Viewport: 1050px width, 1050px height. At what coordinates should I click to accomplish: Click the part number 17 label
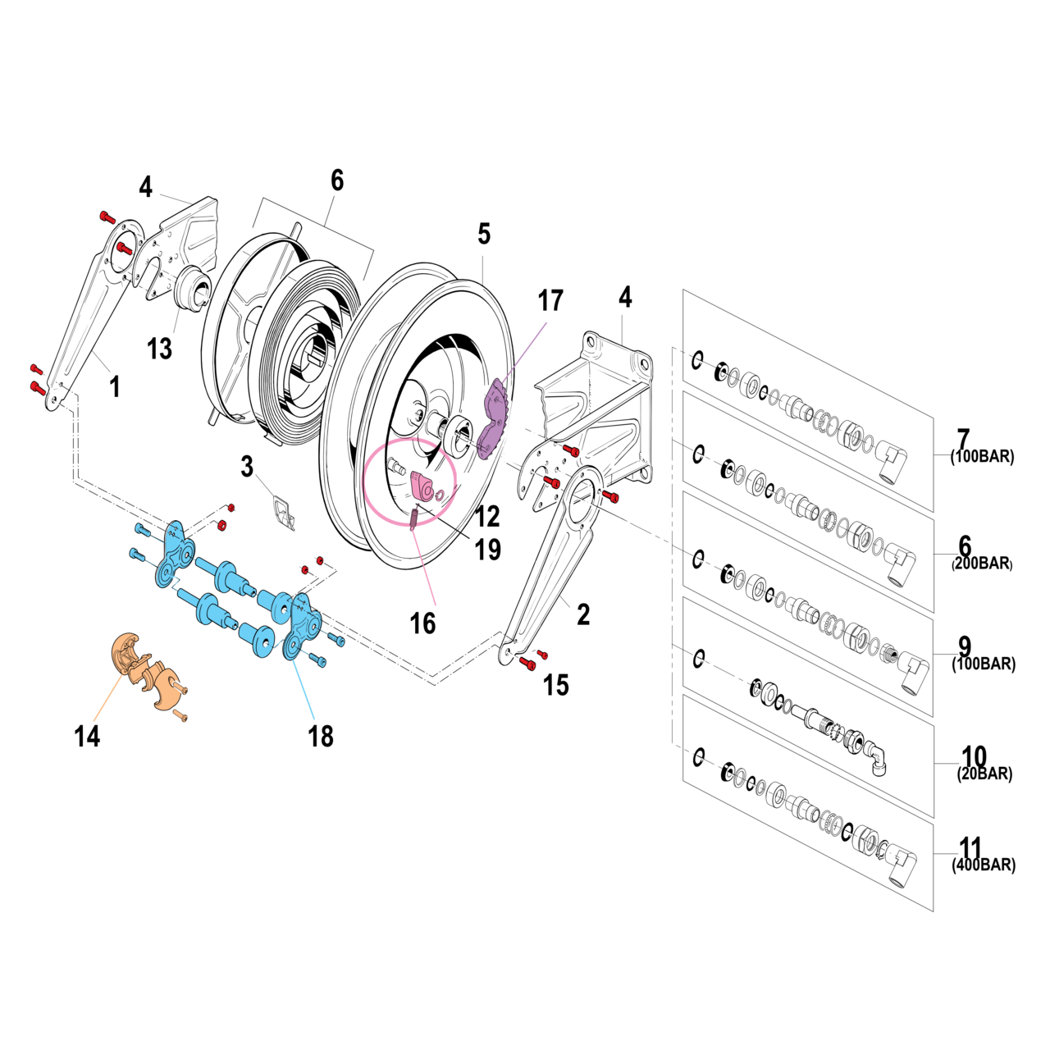(550, 301)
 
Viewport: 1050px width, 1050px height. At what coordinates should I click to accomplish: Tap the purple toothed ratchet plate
(495, 417)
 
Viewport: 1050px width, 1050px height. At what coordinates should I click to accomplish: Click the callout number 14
(87, 736)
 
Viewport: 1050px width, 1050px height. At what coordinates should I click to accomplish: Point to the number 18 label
(321, 736)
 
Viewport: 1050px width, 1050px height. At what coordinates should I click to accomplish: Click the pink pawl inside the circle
(425, 486)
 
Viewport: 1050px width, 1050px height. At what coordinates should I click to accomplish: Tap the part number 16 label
(422, 623)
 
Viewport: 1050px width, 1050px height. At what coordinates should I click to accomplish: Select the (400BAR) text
(984, 865)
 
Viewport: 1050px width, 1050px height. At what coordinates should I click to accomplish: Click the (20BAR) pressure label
(984, 774)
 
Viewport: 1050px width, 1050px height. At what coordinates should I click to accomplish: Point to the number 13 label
(159, 349)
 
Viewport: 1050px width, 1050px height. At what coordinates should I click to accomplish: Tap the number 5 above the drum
(484, 234)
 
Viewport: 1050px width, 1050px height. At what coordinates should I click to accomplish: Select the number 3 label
(247, 467)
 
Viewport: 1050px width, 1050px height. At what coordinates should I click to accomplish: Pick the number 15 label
(555, 685)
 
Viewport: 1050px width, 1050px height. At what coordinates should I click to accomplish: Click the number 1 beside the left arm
(115, 386)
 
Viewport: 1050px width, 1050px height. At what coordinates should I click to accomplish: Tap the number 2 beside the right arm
(583, 614)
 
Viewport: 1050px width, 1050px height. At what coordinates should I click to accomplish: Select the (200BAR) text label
(982, 564)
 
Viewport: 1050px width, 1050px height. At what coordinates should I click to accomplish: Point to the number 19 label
(488, 550)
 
